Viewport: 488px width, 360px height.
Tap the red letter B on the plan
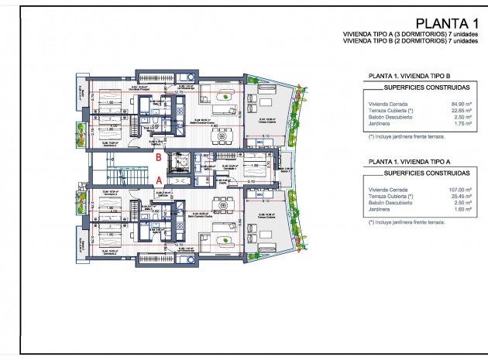coord(159,157)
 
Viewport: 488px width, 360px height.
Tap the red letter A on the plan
coord(159,180)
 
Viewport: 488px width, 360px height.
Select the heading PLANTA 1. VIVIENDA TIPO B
coord(409,77)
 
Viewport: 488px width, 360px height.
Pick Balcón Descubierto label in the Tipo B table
coord(388,117)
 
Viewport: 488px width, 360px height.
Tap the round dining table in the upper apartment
coord(223,136)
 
